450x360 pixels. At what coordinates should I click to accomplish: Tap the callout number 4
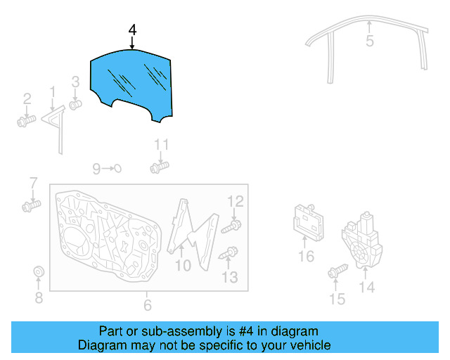click(x=132, y=30)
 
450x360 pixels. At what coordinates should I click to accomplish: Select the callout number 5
click(x=370, y=41)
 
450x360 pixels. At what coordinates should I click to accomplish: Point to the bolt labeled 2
click(x=26, y=121)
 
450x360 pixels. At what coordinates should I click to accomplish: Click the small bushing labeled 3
click(x=75, y=105)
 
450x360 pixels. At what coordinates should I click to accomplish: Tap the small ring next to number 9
click(x=117, y=168)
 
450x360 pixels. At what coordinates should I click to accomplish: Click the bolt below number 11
click(x=160, y=168)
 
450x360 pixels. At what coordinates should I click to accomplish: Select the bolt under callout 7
click(x=30, y=207)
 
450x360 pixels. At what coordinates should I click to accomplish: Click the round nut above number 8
click(x=39, y=272)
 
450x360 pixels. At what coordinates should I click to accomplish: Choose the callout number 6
click(x=147, y=305)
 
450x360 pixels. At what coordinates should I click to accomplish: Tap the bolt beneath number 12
click(x=232, y=226)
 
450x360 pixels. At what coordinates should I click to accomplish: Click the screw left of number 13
click(x=228, y=254)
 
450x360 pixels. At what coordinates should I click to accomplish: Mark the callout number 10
click(x=183, y=266)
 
